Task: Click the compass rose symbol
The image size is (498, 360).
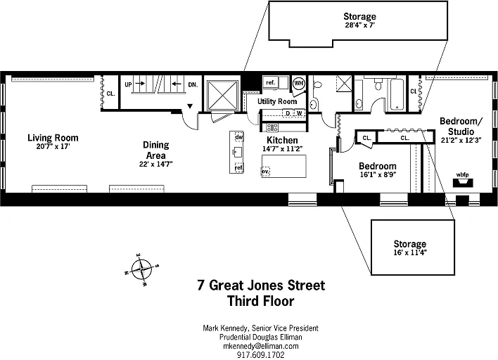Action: (141, 269)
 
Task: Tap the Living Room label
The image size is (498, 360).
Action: (53, 138)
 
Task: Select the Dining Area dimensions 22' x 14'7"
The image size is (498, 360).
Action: (155, 164)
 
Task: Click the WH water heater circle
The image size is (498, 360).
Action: (298, 83)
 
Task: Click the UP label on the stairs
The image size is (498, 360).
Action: (128, 84)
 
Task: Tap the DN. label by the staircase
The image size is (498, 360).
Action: (193, 84)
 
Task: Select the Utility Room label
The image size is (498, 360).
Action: (277, 101)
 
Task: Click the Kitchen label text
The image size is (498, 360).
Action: (282, 140)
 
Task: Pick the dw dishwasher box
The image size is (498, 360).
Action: (239, 137)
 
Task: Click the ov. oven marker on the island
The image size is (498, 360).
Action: (265, 172)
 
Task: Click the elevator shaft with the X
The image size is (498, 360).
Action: (222, 96)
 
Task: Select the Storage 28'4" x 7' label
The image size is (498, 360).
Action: (359, 20)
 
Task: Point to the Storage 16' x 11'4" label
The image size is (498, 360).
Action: (409, 247)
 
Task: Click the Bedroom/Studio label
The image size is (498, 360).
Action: (461, 127)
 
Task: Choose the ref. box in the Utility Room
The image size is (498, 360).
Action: (271, 82)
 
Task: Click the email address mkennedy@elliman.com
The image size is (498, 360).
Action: (261, 346)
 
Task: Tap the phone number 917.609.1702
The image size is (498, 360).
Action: (261, 354)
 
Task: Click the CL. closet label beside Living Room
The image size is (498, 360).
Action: (111, 94)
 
